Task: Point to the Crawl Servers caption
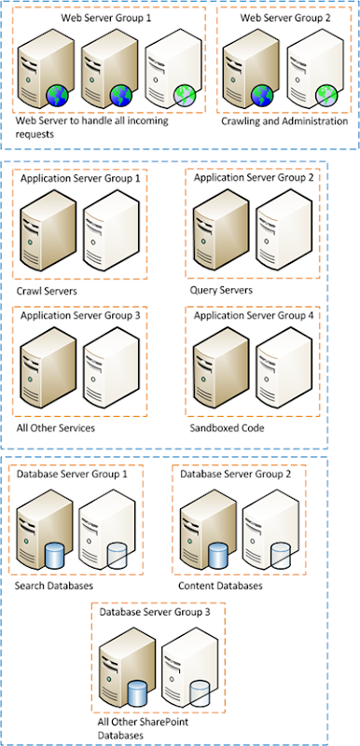click(47, 290)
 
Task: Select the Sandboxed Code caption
click(227, 428)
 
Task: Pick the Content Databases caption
click(219, 587)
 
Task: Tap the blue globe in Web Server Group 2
click(262, 94)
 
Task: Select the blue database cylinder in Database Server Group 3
click(138, 694)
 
